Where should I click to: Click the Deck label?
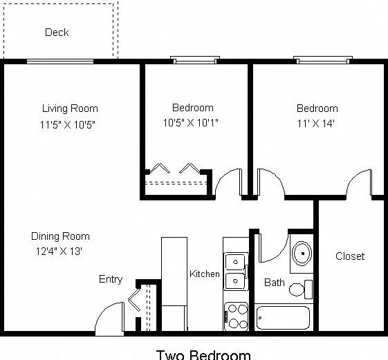[x=57, y=32]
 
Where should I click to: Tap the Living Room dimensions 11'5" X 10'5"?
[x=68, y=124]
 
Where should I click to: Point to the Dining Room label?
[x=60, y=236]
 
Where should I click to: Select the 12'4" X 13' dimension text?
[x=59, y=252]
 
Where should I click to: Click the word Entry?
[x=111, y=279]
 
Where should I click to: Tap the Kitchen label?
[x=205, y=274]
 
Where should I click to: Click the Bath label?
[x=274, y=283]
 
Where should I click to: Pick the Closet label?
[x=350, y=256]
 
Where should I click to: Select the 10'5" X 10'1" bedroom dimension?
[x=190, y=122]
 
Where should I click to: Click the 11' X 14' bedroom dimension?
[x=316, y=123]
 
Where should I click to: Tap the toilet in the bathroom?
[x=301, y=290]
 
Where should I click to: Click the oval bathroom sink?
[x=302, y=254]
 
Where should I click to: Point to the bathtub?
[x=283, y=318]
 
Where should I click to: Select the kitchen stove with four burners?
[x=236, y=316]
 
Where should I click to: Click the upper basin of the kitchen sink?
[x=235, y=262]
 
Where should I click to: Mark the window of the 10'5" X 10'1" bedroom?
[x=195, y=60]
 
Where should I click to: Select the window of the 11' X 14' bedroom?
[x=323, y=60]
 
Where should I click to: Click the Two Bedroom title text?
[x=203, y=355]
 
